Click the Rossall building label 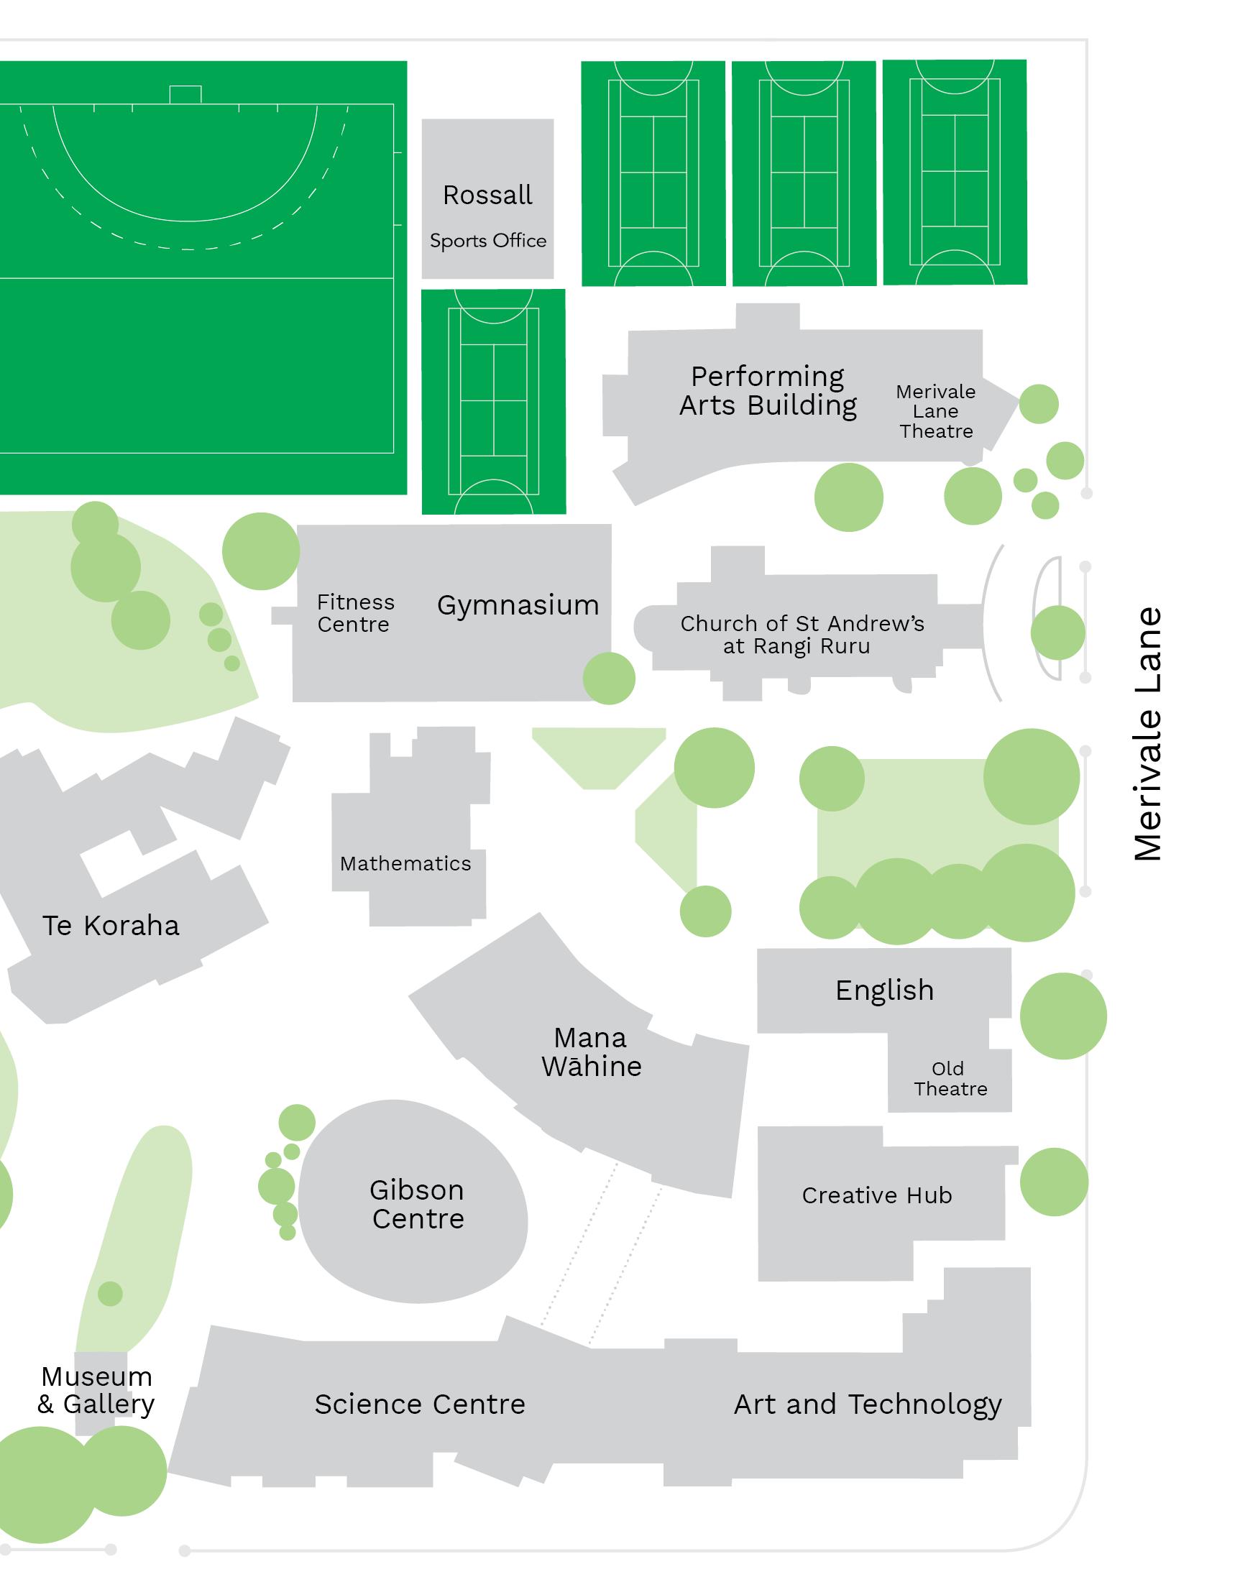click(487, 196)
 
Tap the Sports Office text click(488, 241)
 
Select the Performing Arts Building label click(767, 390)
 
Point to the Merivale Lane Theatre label click(935, 411)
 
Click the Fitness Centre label click(355, 613)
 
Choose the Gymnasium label click(518, 605)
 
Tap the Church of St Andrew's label click(802, 634)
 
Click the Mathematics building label click(405, 863)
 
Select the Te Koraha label click(111, 925)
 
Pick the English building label click(884, 990)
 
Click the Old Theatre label click(950, 1078)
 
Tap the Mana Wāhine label click(591, 1052)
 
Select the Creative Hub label click(877, 1195)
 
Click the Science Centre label click(420, 1404)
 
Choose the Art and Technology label click(868, 1404)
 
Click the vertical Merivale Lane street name click(1147, 734)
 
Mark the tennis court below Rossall click(493, 402)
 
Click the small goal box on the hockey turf click(185, 94)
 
